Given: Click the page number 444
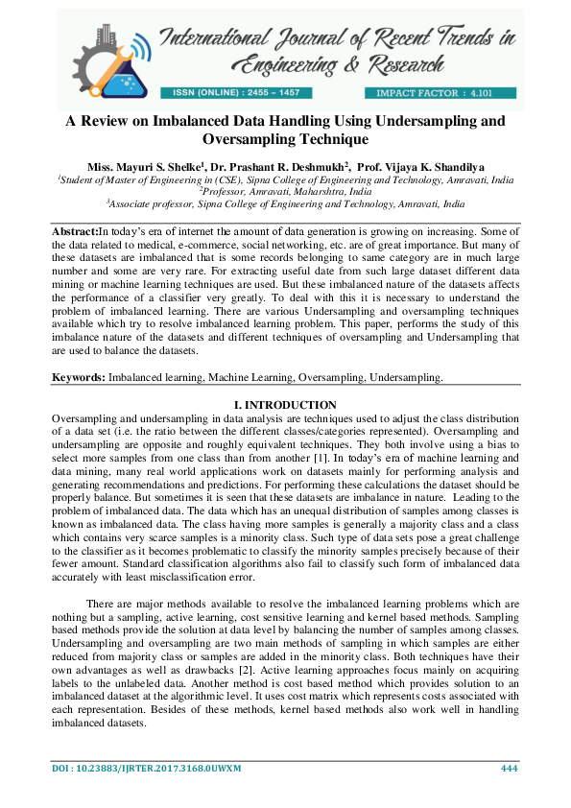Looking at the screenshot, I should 510,769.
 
